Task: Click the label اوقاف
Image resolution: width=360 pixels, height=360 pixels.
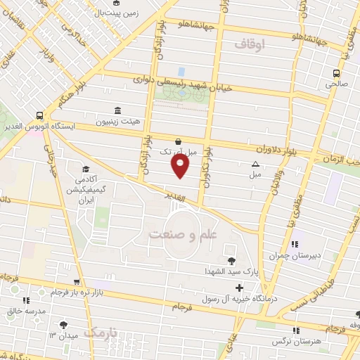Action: (250, 44)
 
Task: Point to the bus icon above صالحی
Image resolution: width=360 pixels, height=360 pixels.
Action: (336, 72)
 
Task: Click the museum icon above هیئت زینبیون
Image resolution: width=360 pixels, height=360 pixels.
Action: (118, 110)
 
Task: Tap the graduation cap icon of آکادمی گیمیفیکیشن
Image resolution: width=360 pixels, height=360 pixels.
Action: (86, 169)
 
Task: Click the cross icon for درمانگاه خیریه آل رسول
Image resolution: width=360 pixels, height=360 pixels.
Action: (239, 288)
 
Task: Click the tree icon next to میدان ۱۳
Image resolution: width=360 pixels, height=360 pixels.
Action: (65, 325)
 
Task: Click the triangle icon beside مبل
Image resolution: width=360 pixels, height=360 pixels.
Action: (255, 165)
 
